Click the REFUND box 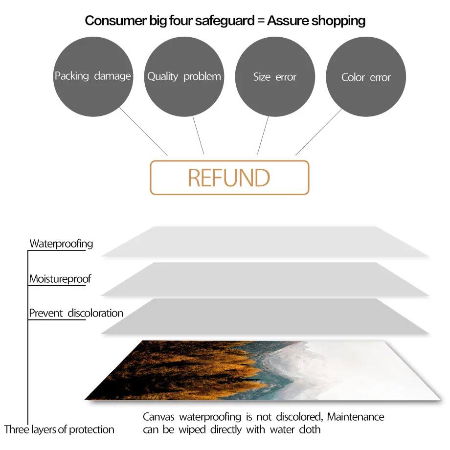click(229, 178)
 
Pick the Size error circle click(275, 77)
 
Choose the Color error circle click(366, 77)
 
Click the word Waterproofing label click(61, 244)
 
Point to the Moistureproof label click(60, 279)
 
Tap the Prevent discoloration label click(76, 313)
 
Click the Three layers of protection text click(59, 430)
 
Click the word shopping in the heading click(338, 21)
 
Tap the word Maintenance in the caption click(356, 417)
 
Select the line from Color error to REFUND click(318, 132)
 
